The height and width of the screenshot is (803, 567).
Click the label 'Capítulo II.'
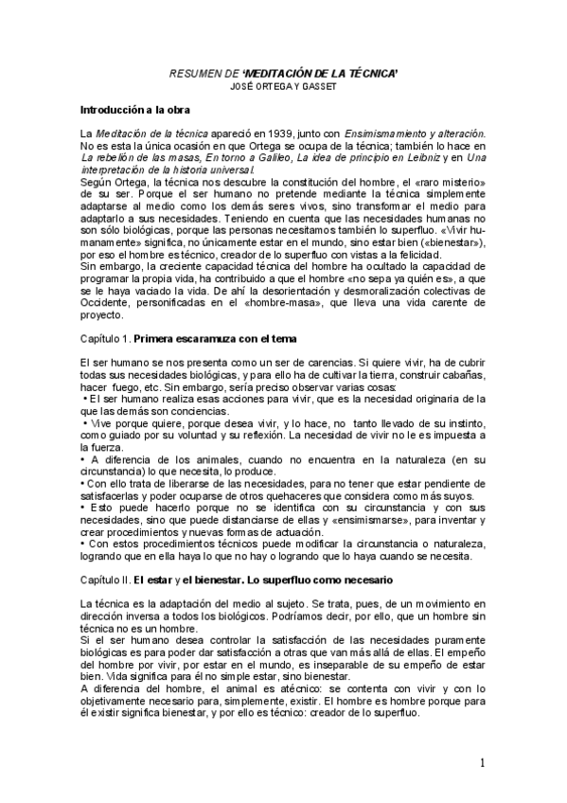coord(104,579)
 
